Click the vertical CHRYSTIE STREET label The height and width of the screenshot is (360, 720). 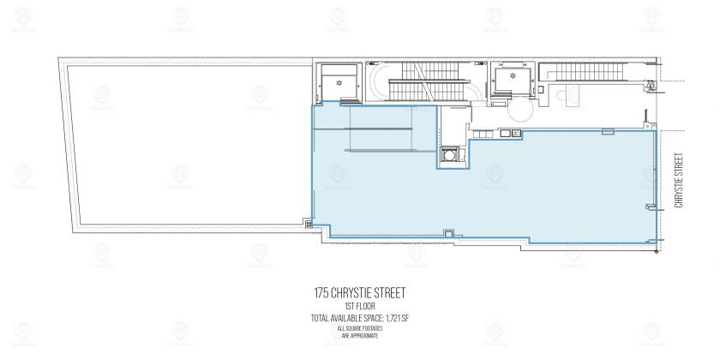pyautogui.click(x=679, y=180)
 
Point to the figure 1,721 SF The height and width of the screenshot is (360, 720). pyautogui.click(x=396, y=318)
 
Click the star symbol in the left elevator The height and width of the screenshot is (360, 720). pyautogui.click(x=339, y=83)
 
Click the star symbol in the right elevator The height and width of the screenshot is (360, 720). pyautogui.click(x=513, y=75)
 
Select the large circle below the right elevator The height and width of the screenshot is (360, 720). pyautogui.click(x=521, y=110)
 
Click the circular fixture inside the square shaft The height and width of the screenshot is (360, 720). pyautogui.click(x=449, y=155)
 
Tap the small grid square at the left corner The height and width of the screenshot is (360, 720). pyautogui.click(x=309, y=224)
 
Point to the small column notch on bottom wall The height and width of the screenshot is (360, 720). pyautogui.click(x=447, y=233)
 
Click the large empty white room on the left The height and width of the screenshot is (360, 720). pyautogui.click(x=189, y=145)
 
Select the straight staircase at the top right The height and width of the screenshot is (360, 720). pyautogui.click(x=581, y=72)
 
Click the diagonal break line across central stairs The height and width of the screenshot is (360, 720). pyautogui.click(x=425, y=81)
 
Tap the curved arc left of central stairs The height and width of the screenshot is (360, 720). pyautogui.click(x=378, y=81)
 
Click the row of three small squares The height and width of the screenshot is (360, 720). pyautogui.click(x=483, y=134)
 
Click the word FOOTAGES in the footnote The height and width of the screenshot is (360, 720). pyautogui.click(x=373, y=329)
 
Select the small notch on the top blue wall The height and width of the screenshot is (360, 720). pyautogui.click(x=608, y=132)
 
